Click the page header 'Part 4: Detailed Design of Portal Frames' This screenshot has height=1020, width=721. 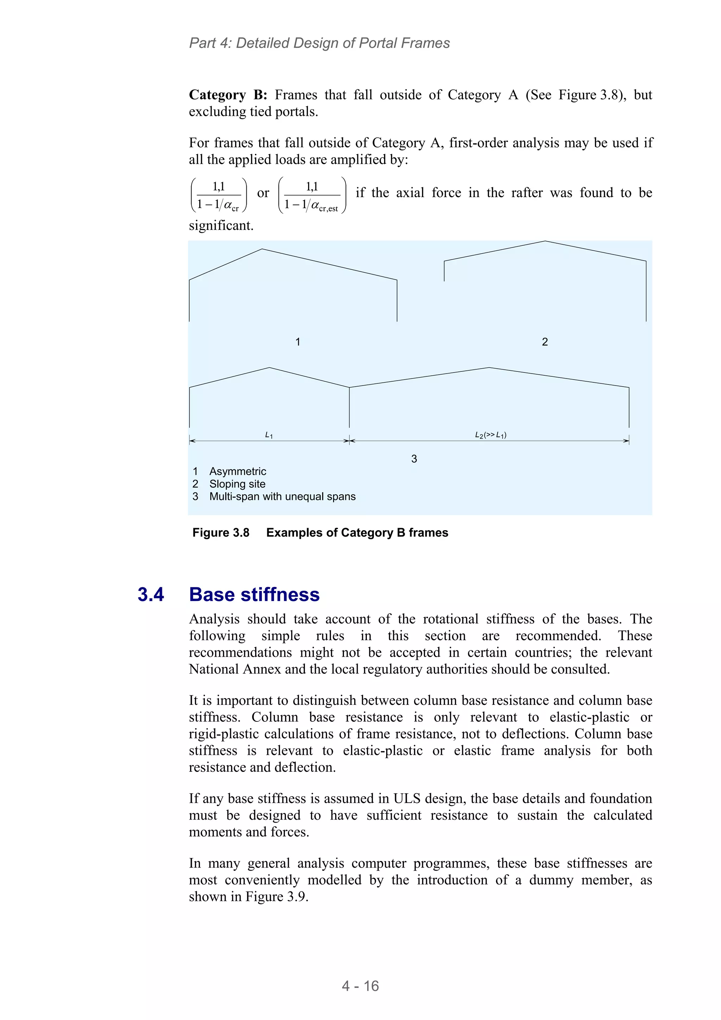[x=319, y=43]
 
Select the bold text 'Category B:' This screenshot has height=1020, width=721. [x=228, y=95]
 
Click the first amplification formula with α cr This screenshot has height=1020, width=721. [x=219, y=195]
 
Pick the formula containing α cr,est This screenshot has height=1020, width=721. [x=312, y=195]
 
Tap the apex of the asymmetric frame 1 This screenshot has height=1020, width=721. [x=262, y=249]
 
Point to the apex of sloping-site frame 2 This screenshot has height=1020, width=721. [x=545, y=241]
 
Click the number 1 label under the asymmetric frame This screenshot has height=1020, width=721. [x=297, y=342]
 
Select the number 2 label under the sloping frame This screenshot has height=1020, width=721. [x=545, y=342]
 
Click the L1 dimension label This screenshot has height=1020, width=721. [x=269, y=435]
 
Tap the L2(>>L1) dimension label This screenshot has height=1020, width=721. [x=490, y=435]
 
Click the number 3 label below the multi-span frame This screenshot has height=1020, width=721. [x=414, y=458]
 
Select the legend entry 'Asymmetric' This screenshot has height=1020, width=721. [x=238, y=471]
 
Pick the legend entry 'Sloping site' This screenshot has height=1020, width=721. [x=237, y=484]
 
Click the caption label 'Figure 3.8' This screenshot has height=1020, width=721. [x=221, y=533]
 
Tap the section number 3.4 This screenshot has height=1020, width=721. [x=151, y=594]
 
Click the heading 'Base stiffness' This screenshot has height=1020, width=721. [x=254, y=594]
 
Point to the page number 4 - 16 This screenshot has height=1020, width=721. [x=360, y=986]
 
